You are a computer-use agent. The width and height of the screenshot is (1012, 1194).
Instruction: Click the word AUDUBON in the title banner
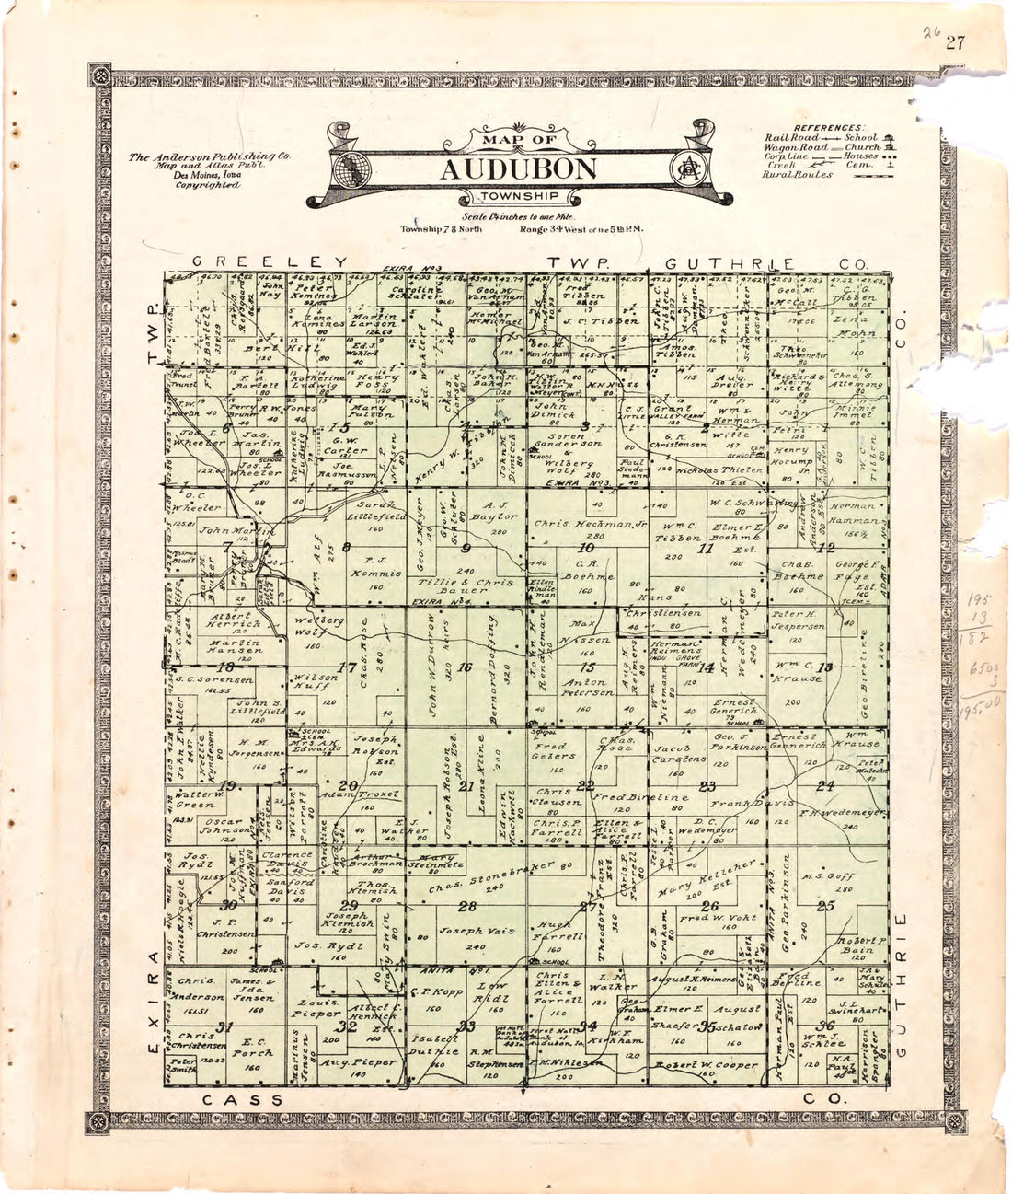[517, 169]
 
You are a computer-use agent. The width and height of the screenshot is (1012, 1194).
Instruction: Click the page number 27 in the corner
[952, 41]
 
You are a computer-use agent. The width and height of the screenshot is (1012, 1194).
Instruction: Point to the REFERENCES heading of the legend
[830, 127]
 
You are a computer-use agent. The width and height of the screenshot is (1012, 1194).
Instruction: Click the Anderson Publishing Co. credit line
[209, 157]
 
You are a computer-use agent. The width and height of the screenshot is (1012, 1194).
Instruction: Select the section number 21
[466, 785]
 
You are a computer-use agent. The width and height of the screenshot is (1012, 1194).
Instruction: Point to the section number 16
[466, 667]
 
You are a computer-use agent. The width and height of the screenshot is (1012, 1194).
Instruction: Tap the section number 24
[825, 785]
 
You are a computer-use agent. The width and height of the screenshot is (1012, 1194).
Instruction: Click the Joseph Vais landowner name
[473, 932]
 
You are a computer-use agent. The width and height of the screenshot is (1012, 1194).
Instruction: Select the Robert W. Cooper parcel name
[707, 1065]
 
